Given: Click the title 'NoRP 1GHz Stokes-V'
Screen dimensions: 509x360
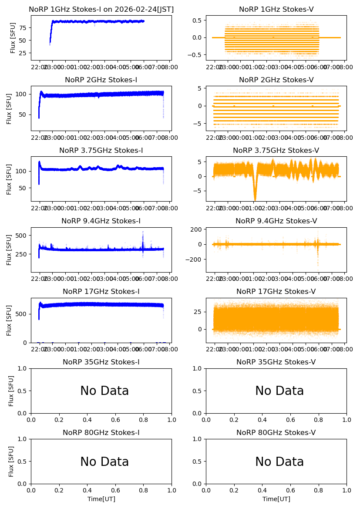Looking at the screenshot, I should tap(276, 10).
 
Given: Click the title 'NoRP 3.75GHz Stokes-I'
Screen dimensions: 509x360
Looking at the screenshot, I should tap(101, 151).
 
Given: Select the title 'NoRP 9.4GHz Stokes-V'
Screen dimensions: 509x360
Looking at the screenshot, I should tap(276, 221).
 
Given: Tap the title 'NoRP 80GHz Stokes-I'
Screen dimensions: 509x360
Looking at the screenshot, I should tap(101, 433).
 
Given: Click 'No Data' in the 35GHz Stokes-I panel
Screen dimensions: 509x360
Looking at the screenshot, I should tap(104, 391).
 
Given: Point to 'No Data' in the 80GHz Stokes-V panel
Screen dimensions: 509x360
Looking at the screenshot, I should tap(279, 462).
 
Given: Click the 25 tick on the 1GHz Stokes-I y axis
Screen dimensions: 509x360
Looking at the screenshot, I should tap(23, 53).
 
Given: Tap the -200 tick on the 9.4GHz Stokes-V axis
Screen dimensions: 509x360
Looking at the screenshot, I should tap(194, 260).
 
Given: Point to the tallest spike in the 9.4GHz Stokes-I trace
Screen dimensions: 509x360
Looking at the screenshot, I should tap(143, 233).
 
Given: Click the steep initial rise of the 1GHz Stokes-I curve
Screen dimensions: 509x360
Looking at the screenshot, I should tap(51, 33).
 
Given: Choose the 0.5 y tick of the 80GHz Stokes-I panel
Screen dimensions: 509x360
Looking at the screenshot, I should tap(23, 462).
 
